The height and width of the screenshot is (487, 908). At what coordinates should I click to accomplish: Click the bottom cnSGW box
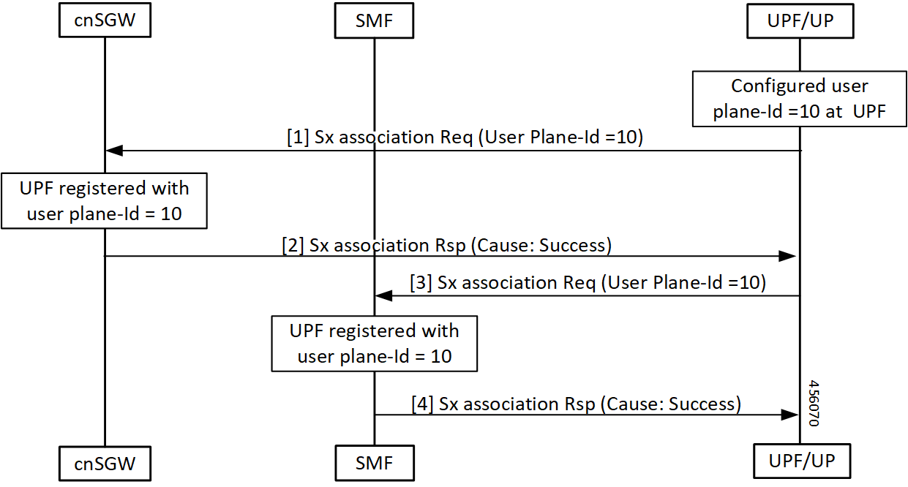(x=104, y=463)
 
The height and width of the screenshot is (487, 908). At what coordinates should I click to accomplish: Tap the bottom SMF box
(x=374, y=463)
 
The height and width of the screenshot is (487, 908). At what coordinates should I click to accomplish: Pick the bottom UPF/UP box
(x=799, y=461)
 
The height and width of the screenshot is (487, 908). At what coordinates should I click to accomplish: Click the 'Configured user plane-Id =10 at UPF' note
(x=799, y=99)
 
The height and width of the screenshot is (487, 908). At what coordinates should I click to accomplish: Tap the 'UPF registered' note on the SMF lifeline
(x=374, y=344)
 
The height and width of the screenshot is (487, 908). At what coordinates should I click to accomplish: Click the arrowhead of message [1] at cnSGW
(x=113, y=151)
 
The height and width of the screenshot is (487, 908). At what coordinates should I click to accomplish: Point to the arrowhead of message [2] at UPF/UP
(x=788, y=256)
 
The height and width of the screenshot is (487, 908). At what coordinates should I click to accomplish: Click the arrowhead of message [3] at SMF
(x=383, y=296)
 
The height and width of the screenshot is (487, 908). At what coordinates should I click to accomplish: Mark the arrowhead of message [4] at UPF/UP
(x=788, y=415)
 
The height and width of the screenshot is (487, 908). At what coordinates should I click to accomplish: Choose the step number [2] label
(x=293, y=245)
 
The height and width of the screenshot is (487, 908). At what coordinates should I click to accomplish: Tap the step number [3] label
(x=421, y=283)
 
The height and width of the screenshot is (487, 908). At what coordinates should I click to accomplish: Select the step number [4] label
(x=422, y=403)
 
